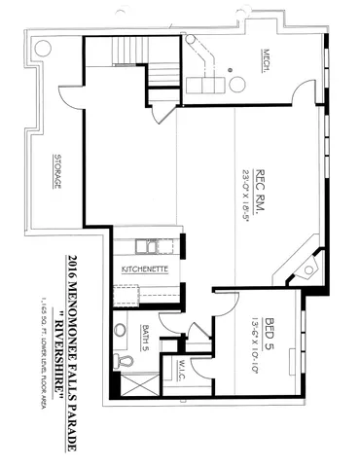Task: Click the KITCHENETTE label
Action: [146, 267]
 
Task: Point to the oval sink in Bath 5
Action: [121, 329]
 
